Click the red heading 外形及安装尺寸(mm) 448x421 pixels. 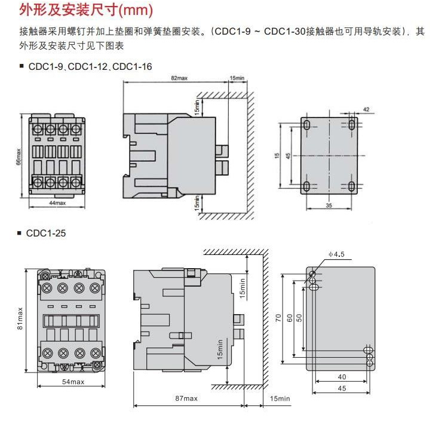[86, 10]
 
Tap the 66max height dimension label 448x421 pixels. [19, 158]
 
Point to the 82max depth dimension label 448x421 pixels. [180, 78]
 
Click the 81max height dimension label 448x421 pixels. [20, 319]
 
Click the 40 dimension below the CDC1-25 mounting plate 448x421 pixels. [342, 377]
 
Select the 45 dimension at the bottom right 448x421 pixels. [342, 389]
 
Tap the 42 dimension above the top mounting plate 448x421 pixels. [366, 110]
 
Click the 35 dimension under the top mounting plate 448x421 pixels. [329, 205]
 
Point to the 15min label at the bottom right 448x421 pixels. [280, 398]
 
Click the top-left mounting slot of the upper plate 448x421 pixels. [306, 125]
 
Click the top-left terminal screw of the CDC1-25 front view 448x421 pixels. [47, 288]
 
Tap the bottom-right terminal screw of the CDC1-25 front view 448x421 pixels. [94, 351]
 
